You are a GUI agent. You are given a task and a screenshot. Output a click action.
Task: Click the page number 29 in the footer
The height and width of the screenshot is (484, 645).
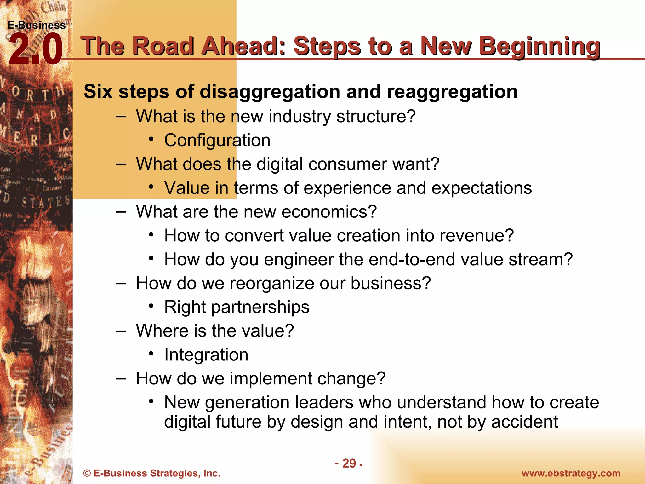349,463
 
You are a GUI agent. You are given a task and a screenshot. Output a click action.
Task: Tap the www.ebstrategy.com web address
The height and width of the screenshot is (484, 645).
571,473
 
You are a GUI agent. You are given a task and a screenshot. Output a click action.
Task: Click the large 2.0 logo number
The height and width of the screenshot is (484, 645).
35,49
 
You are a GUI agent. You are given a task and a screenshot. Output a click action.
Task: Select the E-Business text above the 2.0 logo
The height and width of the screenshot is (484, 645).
37,25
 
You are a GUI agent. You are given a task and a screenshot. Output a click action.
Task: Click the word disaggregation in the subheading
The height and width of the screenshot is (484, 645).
270,92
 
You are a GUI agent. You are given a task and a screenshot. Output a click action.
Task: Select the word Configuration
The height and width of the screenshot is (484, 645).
217,140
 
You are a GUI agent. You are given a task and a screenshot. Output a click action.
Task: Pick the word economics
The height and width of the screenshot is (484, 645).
329,212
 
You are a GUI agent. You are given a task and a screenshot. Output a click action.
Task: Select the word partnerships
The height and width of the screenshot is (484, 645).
260,307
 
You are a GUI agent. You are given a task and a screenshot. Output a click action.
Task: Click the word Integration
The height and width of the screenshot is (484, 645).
206,355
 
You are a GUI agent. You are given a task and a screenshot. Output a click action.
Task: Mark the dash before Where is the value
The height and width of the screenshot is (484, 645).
121,331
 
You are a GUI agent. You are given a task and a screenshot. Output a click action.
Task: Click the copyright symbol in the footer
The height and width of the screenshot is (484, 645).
87,473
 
